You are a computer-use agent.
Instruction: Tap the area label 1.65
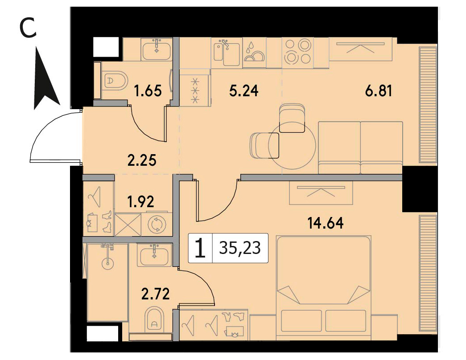coord(148,91)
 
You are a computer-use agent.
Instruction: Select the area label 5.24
coord(244,91)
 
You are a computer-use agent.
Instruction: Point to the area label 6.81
coord(378,91)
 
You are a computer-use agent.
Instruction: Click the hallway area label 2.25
coord(142,161)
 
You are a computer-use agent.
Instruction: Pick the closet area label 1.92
coord(140,202)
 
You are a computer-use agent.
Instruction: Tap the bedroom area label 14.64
coord(326,223)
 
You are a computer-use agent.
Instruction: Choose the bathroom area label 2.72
coord(156,294)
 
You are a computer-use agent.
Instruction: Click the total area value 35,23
coord(240,248)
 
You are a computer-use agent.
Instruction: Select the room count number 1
coord(201,249)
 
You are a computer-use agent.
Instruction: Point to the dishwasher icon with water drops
coord(254,53)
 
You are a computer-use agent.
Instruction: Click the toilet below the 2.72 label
coord(155,319)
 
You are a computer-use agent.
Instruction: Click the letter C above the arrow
coord(28,27)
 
